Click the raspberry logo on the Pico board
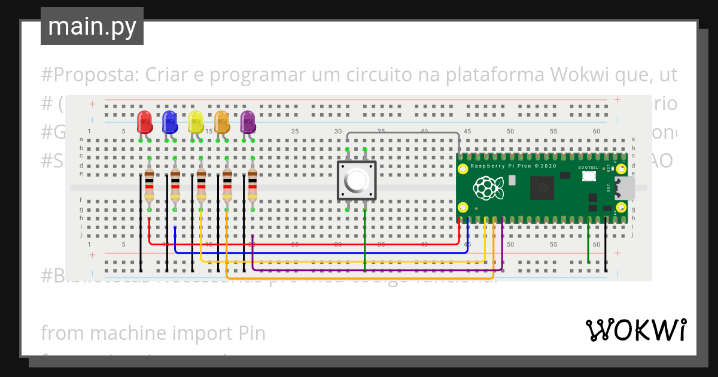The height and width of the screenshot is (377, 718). pyautogui.click(x=488, y=188)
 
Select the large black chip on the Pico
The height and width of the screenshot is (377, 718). pyautogui.click(x=543, y=188)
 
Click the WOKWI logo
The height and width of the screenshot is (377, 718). pyautogui.click(x=635, y=330)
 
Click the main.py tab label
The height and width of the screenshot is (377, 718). pyautogui.click(x=92, y=26)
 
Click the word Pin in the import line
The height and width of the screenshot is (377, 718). pyautogui.click(x=251, y=333)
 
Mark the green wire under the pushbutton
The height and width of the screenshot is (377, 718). pyautogui.click(x=365, y=239)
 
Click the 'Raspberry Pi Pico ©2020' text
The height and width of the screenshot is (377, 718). pyautogui.click(x=513, y=165)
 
